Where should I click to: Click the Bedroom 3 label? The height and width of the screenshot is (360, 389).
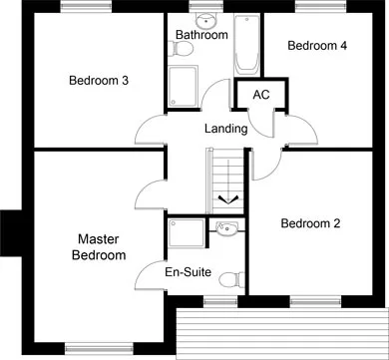(x=99, y=81)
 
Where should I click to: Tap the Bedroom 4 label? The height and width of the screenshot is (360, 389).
(x=317, y=46)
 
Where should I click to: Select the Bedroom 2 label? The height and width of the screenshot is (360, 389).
(x=310, y=223)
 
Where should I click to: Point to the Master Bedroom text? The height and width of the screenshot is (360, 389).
(x=99, y=247)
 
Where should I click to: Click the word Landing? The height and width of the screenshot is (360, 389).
(x=226, y=129)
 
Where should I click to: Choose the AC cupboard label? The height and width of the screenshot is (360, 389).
(x=261, y=95)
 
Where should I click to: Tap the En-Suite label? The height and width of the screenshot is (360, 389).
(x=189, y=272)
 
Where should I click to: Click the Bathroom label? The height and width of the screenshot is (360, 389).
(x=201, y=35)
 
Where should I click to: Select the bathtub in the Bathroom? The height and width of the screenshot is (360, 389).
(x=246, y=44)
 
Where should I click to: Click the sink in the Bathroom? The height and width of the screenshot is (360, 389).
(x=205, y=21)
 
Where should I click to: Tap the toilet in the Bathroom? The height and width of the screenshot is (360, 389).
(x=180, y=49)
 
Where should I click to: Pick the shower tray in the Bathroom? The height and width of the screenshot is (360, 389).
(x=183, y=87)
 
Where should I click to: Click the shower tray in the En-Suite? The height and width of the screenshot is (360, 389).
(x=187, y=232)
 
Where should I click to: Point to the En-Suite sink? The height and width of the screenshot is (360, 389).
(x=226, y=228)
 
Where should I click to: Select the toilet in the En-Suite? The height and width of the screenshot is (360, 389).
(x=232, y=279)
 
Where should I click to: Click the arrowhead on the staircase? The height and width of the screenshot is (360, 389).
(x=228, y=199)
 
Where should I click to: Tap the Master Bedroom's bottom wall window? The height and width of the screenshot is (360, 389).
(x=99, y=348)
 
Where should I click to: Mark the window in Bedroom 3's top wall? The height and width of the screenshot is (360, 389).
(x=86, y=6)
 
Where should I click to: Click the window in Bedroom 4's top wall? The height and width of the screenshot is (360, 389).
(x=320, y=6)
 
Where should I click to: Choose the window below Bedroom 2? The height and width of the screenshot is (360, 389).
(x=315, y=301)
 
